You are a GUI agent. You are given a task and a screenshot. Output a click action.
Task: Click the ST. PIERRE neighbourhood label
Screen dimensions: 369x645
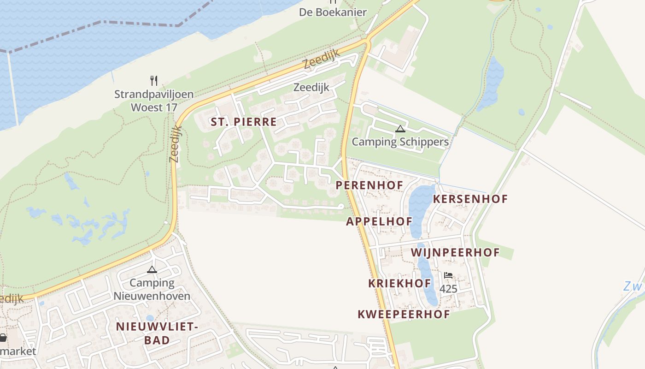click(x=244, y=122)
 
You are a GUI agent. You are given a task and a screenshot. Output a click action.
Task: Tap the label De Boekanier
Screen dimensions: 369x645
click(x=333, y=12)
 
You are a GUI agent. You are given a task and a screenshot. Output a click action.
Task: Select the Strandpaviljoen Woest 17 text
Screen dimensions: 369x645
click(x=154, y=101)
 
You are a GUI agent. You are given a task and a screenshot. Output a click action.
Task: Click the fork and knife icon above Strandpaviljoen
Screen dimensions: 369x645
click(x=154, y=81)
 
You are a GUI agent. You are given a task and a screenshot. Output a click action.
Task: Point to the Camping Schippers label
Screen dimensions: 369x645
click(x=400, y=142)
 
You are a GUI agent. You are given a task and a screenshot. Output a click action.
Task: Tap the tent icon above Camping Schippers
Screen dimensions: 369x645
click(x=400, y=129)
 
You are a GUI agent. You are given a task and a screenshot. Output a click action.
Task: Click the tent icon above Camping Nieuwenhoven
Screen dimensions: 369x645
click(x=152, y=269)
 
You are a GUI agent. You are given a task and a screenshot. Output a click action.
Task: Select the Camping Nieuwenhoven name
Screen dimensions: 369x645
click(x=152, y=289)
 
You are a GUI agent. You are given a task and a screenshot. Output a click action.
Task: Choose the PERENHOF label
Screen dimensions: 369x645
click(x=369, y=185)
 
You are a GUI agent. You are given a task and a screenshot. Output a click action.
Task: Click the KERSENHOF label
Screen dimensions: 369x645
click(x=470, y=199)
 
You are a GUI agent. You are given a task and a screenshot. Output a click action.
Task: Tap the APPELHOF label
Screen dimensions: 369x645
click(x=379, y=221)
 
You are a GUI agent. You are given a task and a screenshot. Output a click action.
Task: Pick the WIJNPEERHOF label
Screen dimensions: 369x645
click(x=455, y=252)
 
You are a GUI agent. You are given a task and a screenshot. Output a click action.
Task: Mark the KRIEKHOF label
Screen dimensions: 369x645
click(x=399, y=283)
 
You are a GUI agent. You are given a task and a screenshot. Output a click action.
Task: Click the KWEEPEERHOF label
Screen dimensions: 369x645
click(x=404, y=314)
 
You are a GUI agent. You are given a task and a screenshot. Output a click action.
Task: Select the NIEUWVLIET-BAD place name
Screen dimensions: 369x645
click(x=157, y=333)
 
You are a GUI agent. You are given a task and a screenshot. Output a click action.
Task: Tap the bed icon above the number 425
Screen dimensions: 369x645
click(x=448, y=275)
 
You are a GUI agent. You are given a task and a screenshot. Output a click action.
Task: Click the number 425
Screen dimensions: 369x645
click(x=448, y=289)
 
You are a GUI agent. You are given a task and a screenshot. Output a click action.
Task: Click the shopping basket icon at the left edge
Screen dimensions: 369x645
click(x=3, y=338)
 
